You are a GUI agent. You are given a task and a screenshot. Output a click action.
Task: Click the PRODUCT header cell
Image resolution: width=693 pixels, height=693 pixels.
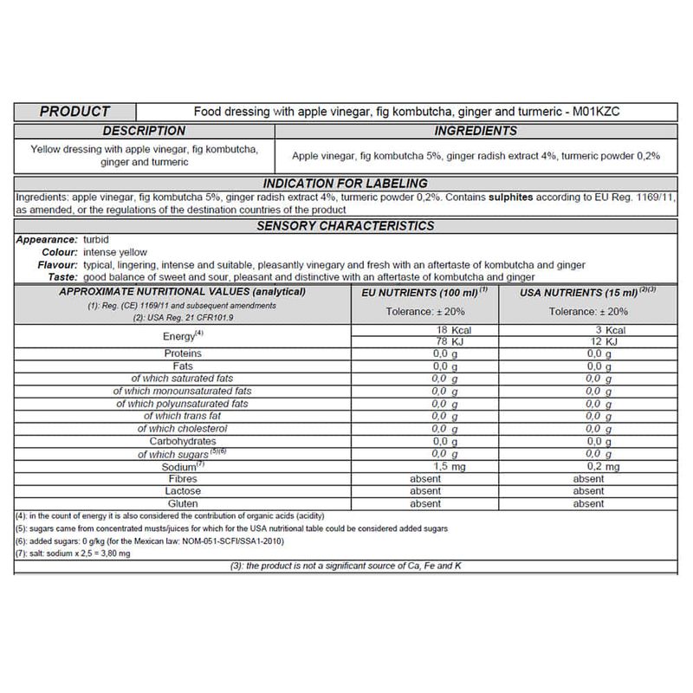pyautogui.click(x=75, y=112)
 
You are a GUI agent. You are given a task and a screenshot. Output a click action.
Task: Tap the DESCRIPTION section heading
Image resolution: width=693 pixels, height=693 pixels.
pyautogui.click(x=144, y=131)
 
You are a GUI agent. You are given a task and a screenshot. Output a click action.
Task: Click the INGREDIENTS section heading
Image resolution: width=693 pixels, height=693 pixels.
pyautogui.click(x=476, y=131)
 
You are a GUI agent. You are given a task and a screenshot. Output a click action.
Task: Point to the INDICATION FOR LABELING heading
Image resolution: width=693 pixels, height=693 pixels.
pyautogui.click(x=345, y=183)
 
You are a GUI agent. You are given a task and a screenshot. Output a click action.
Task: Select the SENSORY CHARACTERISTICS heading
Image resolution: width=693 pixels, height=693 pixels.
pyautogui.click(x=346, y=226)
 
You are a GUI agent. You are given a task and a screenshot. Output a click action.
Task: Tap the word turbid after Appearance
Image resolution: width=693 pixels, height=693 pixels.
pyautogui.click(x=97, y=239)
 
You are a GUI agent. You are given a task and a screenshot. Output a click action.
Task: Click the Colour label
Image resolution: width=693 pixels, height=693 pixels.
pyautogui.click(x=59, y=251)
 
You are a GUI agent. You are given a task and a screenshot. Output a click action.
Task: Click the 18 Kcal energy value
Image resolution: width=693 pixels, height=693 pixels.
pyautogui.click(x=456, y=330)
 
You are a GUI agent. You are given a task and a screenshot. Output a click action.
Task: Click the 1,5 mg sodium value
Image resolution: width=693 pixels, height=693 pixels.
pyautogui.click(x=431, y=466)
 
